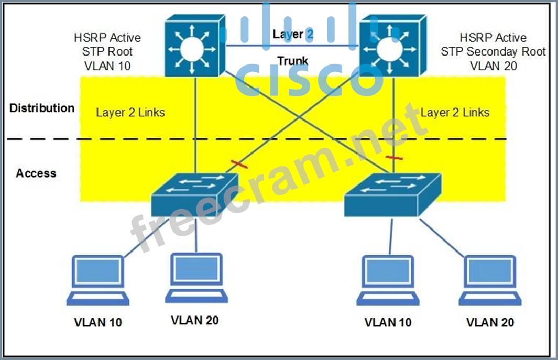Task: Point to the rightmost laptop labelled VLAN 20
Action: click(x=490, y=280)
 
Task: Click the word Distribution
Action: click(x=42, y=108)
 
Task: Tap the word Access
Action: click(x=36, y=173)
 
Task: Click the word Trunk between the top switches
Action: click(x=292, y=61)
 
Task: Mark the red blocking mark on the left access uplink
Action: click(x=239, y=165)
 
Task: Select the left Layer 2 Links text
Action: click(x=130, y=113)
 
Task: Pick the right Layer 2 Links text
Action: click(x=455, y=113)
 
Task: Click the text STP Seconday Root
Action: click(x=493, y=52)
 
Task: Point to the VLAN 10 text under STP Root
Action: click(x=107, y=66)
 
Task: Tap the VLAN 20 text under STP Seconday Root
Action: click(x=493, y=66)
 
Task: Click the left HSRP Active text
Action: click(x=107, y=38)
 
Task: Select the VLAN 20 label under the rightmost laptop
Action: click(x=490, y=322)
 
